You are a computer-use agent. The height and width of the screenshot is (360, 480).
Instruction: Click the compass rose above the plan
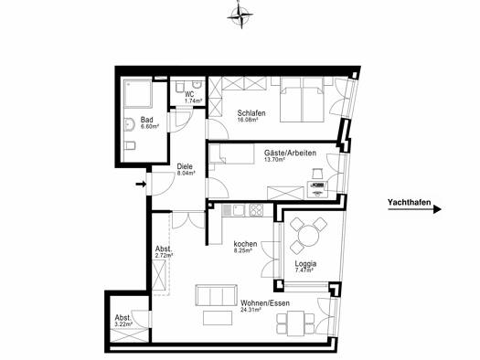[x=240, y=16]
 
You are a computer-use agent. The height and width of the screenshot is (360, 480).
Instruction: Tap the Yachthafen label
[x=409, y=202]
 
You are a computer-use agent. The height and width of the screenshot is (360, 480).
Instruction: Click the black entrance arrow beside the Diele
[x=141, y=184]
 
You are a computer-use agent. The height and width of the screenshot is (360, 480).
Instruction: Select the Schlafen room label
[x=251, y=113]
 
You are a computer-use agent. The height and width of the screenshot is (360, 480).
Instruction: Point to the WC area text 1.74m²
[x=193, y=101]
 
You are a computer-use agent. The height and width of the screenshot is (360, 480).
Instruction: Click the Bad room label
[x=146, y=120]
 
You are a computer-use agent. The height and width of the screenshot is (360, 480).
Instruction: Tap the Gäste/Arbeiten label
[x=290, y=153]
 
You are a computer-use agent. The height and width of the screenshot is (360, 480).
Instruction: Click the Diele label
[x=185, y=166]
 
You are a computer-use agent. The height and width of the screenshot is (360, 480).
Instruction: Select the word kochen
[x=245, y=244]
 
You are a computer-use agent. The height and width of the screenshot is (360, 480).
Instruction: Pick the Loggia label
[x=305, y=264]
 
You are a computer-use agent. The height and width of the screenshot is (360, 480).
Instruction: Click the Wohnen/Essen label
[x=265, y=303]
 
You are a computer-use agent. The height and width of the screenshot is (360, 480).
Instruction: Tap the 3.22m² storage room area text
[x=123, y=323]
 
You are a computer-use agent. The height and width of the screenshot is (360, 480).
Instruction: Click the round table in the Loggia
[x=308, y=236]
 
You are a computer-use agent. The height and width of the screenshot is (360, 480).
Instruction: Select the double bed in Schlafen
[x=302, y=100]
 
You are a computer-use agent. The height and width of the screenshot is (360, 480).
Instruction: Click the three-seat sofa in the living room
[x=216, y=295]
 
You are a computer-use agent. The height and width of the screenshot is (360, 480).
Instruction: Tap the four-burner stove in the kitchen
[x=256, y=210]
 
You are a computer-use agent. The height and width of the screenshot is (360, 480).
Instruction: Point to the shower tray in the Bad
[x=138, y=93]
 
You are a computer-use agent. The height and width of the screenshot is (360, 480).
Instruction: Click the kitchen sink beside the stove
[x=239, y=210]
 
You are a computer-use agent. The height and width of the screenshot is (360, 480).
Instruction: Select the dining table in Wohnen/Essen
[x=295, y=323]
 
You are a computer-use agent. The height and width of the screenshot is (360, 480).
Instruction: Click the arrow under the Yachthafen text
[x=414, y=209]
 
